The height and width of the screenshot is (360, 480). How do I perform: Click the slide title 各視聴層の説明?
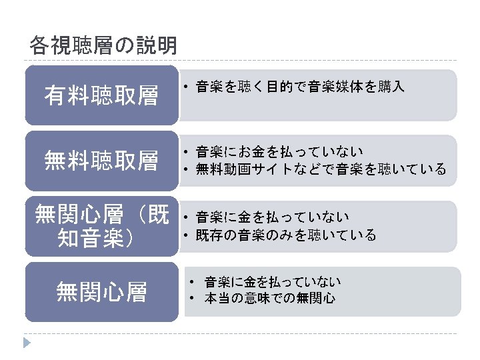103,45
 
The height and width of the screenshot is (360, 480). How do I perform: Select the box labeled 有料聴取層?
101,95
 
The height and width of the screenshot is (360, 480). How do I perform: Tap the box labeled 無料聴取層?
101,160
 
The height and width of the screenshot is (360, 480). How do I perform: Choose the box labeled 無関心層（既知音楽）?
101,227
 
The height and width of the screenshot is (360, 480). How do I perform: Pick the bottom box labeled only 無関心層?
101,291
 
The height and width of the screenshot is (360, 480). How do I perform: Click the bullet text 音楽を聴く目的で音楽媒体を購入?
300,87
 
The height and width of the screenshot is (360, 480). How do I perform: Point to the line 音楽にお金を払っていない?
279,152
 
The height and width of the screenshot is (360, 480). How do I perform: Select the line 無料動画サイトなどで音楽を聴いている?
321,169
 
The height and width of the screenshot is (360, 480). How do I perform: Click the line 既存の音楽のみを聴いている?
286,235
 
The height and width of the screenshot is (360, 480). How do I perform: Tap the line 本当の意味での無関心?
269,298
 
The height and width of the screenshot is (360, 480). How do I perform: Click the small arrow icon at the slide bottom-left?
27,343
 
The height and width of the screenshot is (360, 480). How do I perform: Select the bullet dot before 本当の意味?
191,299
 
